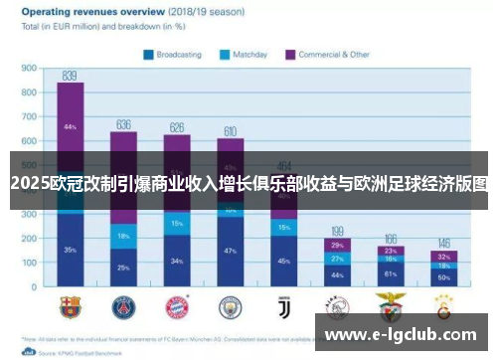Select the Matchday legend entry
(x=244, y=55)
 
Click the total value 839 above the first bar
(x=70, y=75)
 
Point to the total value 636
(x=123, y=124)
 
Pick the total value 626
(x=177, y=126)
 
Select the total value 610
(x=230, y=130)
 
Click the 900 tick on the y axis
(x=29, y=69)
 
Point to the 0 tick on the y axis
(x=34, y=287)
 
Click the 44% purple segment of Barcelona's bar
(x=70, y=127)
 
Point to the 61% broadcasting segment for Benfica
(x=391, y=273)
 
